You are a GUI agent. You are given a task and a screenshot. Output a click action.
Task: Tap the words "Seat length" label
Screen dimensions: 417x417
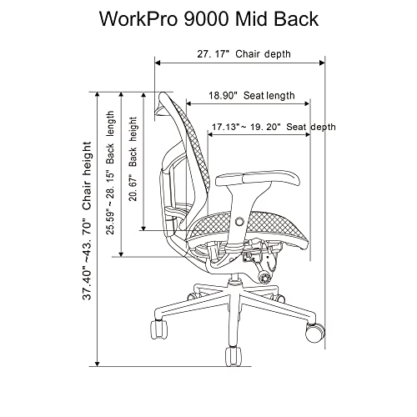[269, 96]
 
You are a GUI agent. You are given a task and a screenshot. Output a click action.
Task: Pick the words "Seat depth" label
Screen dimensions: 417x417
[311, 128]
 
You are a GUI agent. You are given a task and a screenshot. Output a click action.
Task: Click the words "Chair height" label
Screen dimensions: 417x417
[86, 179]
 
